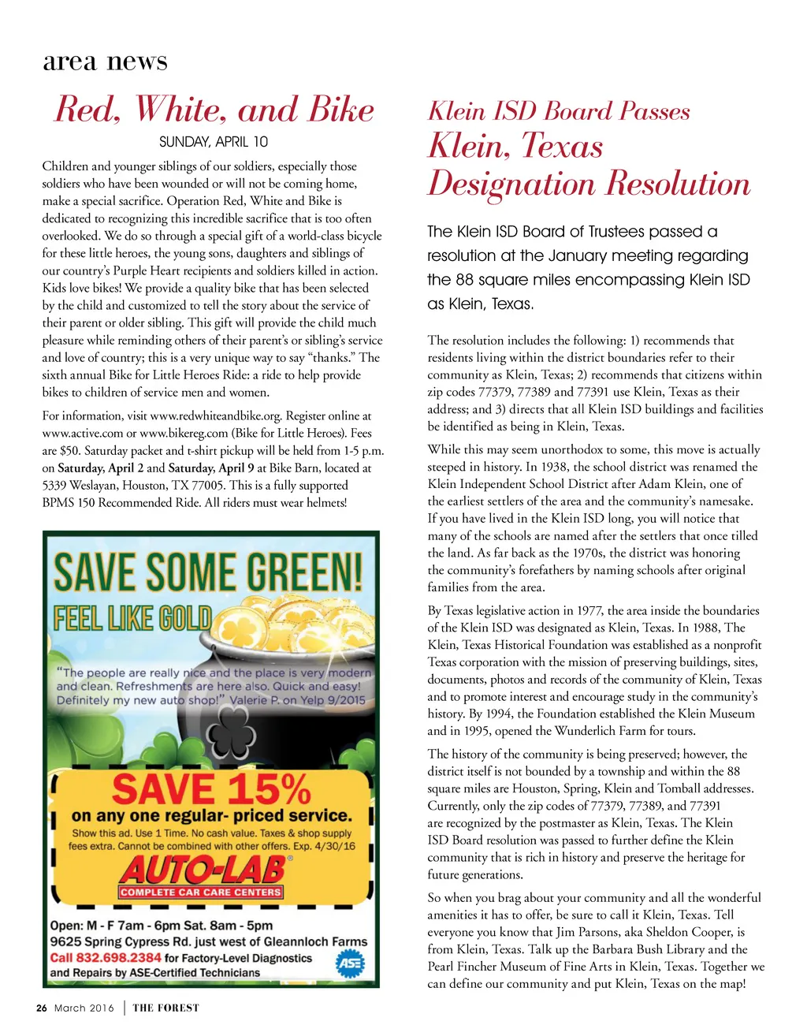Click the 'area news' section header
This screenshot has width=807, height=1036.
click(x=105, y=61)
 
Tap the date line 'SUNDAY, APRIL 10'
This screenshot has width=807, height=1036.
click(x=213, y=142)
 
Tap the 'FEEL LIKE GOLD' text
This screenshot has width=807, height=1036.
click(x=132, y=617)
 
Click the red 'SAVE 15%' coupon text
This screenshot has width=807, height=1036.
click(x=211, y=788)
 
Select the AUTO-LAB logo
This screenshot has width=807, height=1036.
click(x=203, y=870)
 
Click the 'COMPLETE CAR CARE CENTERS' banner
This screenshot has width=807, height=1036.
click(x=200, y=893)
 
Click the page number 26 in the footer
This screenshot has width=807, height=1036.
click(x=42, y=1008)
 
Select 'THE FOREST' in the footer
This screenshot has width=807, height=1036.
click(x=165, y=1008)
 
